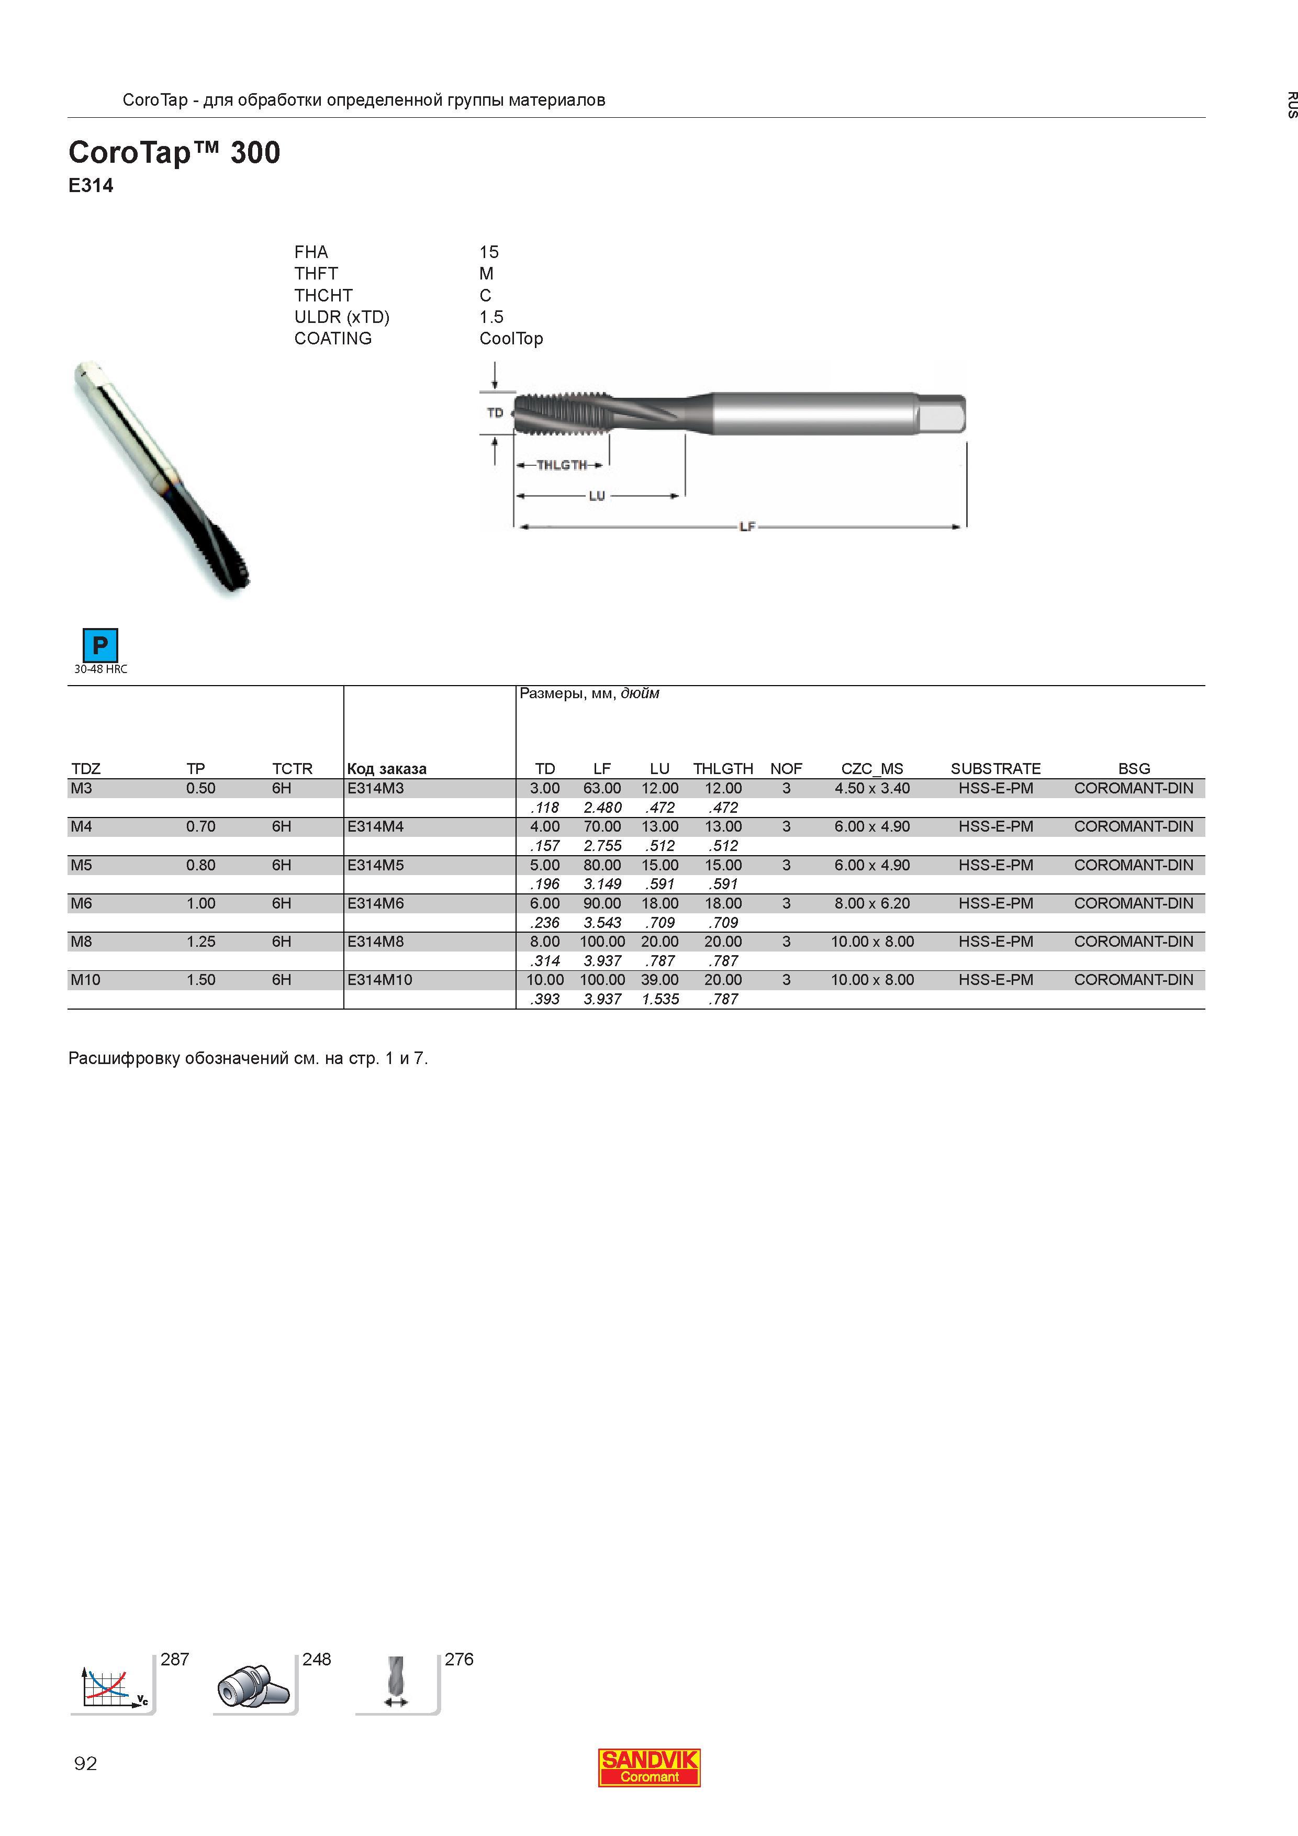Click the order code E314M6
tap(375, 903)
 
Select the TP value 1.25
tap(201, 941)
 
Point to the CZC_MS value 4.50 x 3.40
tap(872, 788)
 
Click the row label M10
tap(85, 980)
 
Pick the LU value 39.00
tap(660, 980)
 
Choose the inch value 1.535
tap(661, 999)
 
